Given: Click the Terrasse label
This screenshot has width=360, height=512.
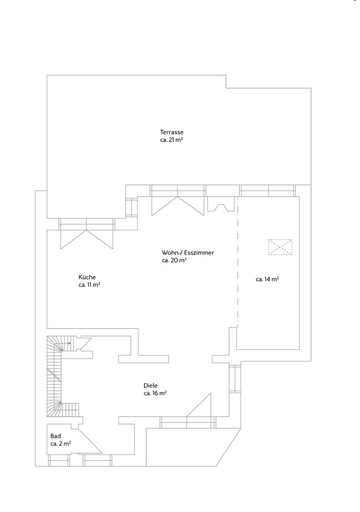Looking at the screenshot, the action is point(172,132).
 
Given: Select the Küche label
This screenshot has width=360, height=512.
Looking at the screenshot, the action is point(87,277).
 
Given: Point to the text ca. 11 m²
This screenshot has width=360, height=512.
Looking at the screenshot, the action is point(89,285).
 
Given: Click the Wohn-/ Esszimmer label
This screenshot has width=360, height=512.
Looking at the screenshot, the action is point(188,253).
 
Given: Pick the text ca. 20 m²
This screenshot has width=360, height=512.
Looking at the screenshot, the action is point(174,261).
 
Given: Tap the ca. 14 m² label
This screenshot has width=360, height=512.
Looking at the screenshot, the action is point(267,280).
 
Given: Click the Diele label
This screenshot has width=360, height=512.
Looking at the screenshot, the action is point(150,385).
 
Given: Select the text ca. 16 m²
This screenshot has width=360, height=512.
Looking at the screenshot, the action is point(155,393).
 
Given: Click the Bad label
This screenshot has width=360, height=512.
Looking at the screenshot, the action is point(55,436).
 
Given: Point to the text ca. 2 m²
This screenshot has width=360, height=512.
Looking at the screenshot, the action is point(61,444).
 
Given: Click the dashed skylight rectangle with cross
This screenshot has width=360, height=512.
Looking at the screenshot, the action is point(280,247).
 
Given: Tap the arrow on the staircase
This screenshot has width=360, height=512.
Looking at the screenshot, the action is point(67,343).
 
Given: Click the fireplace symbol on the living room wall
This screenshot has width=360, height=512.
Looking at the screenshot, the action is point(221,204).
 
